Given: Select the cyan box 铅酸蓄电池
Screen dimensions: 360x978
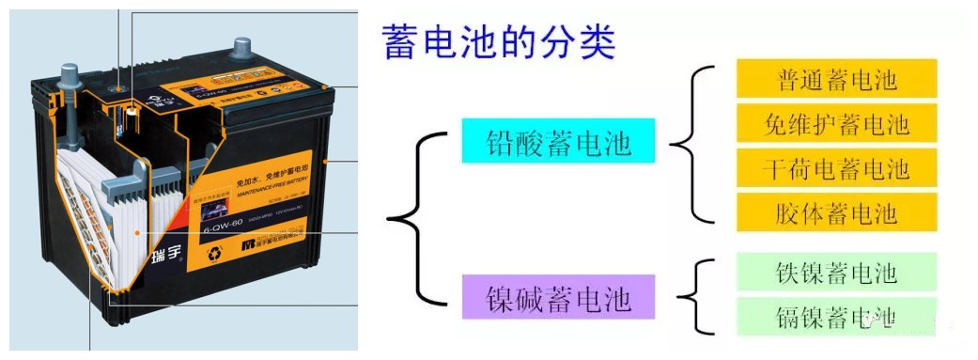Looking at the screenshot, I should coord(558,143).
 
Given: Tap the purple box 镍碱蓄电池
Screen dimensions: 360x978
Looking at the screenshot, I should coord(558,298).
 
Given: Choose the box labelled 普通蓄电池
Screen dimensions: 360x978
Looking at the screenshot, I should coord(837,78).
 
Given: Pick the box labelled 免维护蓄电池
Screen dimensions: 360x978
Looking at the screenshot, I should coord(837,123).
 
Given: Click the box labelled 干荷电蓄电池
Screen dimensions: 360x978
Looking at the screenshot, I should coord(837,168).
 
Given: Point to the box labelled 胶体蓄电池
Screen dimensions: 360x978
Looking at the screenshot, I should coord(837,212).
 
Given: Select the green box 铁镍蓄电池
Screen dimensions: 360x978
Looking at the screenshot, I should coord(837,272).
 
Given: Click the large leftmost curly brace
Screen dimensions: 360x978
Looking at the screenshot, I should coord(413,220).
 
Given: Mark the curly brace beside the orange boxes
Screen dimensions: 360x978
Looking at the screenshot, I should coord(691,146).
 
